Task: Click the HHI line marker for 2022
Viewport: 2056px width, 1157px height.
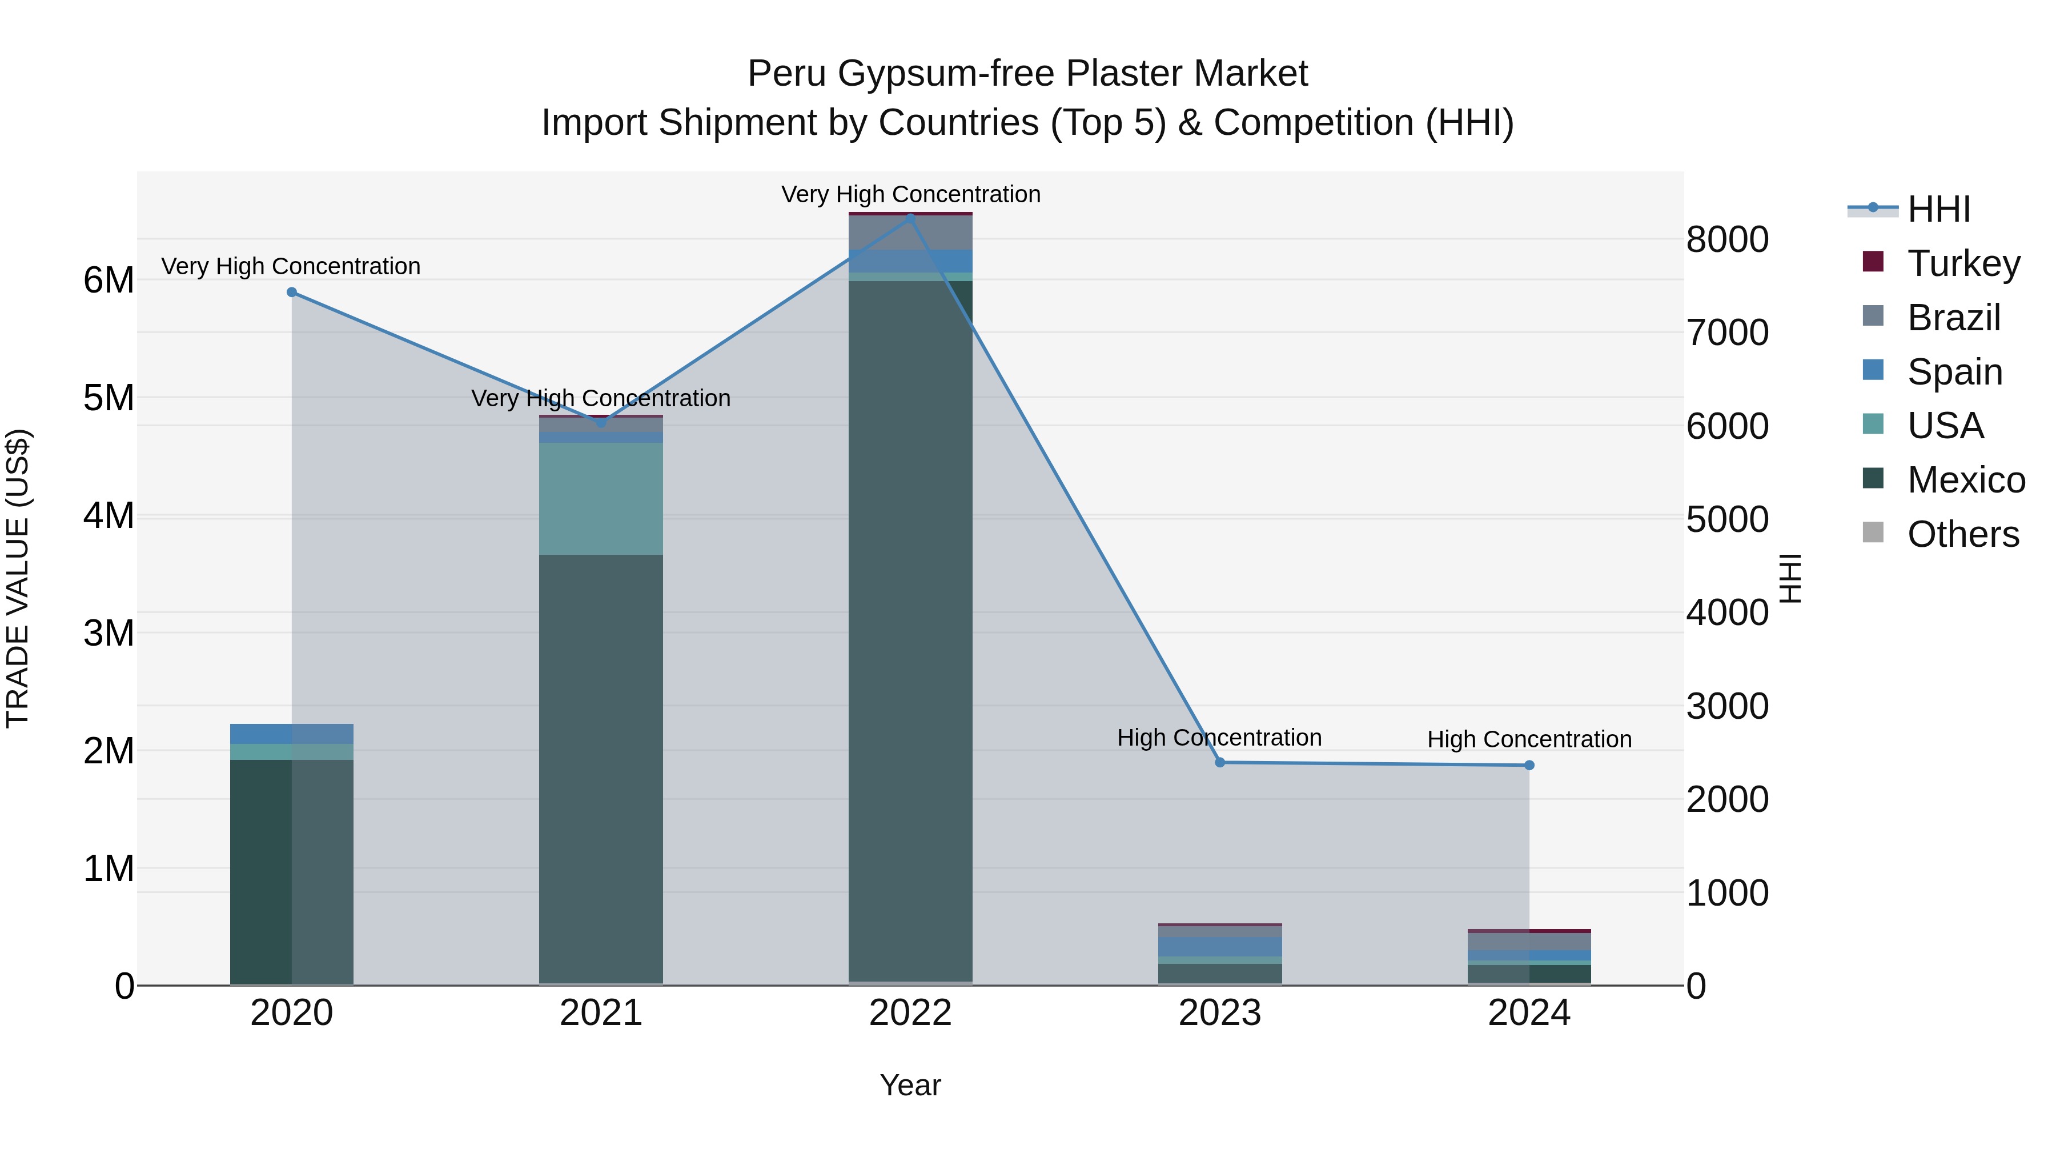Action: [911, 218]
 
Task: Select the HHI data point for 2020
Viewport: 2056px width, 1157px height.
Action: [291, 292]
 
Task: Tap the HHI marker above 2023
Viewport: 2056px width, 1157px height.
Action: [1219, 763]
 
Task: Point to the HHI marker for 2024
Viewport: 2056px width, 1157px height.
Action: [1529, 765]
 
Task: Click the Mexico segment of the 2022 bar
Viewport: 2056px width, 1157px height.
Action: [911, 631]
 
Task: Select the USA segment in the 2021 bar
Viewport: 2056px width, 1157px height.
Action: [601, 498]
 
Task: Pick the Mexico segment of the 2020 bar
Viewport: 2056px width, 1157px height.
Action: [291, 870]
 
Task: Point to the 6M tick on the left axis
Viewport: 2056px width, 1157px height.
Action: [109, 281]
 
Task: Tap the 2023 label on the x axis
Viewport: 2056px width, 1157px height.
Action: [1219, 1013]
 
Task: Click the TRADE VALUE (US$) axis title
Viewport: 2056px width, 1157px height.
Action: [18, 578]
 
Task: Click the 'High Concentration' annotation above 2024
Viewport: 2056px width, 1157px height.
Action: [1529, 739]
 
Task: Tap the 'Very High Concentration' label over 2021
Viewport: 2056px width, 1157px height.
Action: [601, 398]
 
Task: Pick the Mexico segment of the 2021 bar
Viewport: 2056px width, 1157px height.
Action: [601, 767]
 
